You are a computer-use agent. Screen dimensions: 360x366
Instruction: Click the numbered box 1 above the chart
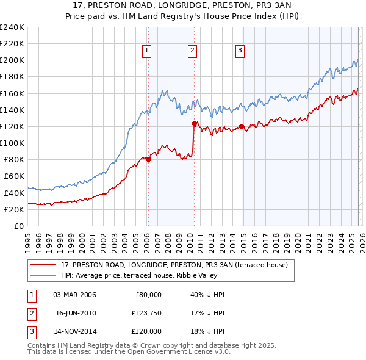click(148, 51)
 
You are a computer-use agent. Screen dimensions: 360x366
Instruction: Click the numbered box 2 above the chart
click(192, 51)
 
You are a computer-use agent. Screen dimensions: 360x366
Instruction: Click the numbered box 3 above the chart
click(240, 51)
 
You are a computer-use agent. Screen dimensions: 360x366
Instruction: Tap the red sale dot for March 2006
click(148, 160)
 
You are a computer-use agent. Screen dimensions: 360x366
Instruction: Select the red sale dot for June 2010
click(195, 124)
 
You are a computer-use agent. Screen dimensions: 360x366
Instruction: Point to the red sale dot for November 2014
click(242, 127)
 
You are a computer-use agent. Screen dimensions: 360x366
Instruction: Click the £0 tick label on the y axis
click(18, 226)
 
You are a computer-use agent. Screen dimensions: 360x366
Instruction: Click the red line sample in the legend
click(43, 265)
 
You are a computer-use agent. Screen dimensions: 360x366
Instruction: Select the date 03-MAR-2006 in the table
click(74, 295)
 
